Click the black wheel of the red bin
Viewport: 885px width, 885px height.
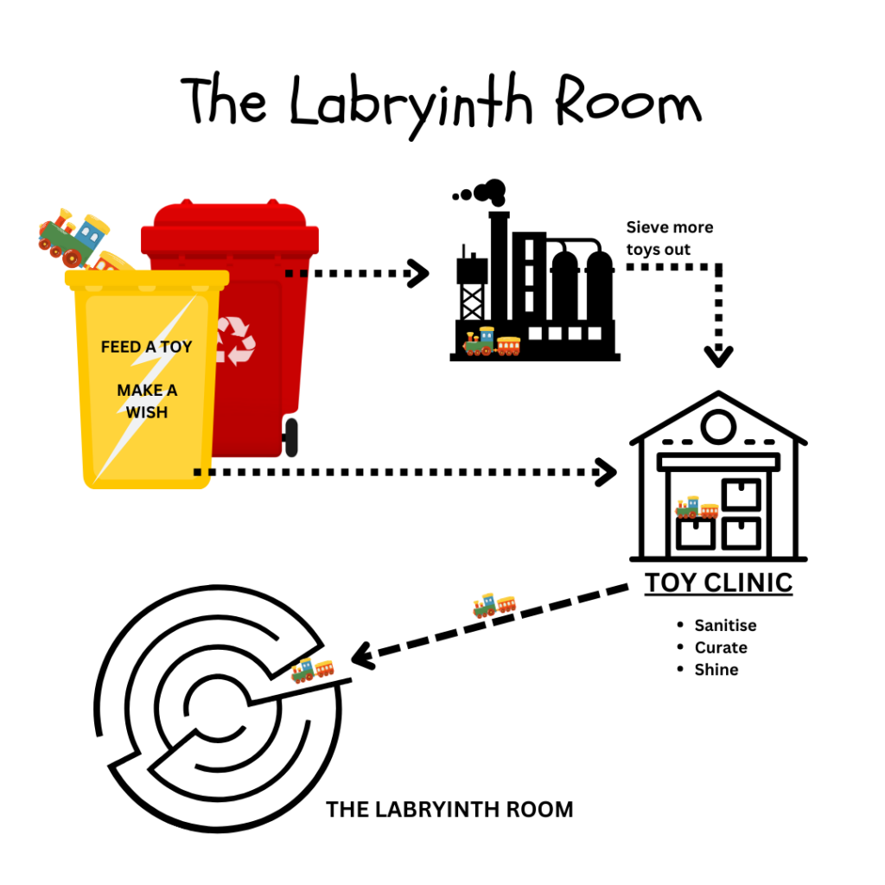click(291, 436)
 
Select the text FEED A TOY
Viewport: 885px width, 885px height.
click(147, 347)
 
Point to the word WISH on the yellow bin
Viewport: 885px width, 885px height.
click(147, 412)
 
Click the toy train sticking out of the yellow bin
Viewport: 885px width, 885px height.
click(73, 236)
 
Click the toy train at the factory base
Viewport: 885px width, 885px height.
click(492, 342)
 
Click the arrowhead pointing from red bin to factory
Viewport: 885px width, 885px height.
click(419, 274)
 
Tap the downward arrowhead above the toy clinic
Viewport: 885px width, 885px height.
click(718, 355)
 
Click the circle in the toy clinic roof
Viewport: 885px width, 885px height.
click(718, 426)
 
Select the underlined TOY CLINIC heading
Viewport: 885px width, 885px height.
click(718, 583)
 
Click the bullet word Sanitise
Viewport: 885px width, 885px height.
click(725, 625)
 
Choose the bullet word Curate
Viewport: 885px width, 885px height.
click(721, 647)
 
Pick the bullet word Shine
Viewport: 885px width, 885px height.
click(716, 670)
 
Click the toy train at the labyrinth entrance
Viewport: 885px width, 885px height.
click(312, 670)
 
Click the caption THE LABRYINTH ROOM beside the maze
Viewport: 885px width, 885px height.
click(449, 810)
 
